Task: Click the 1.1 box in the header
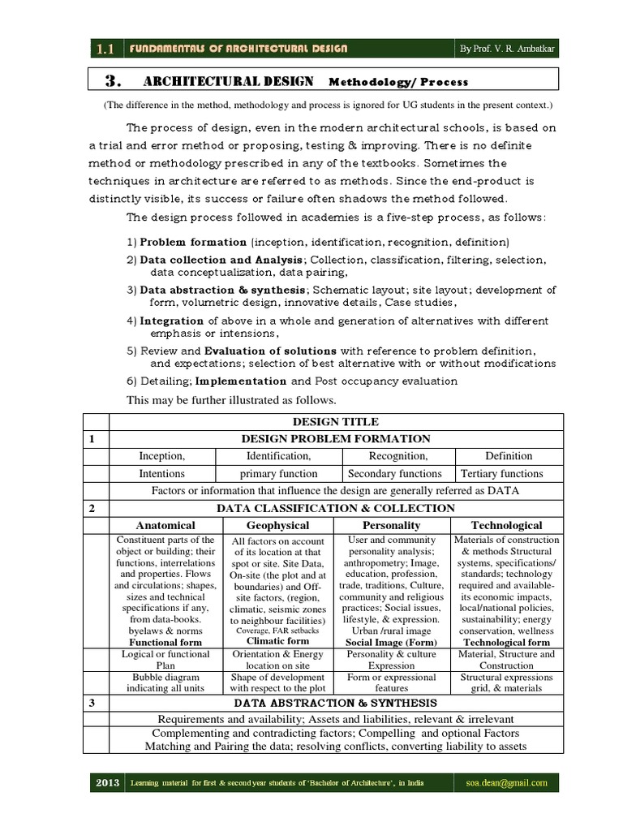click(103, 49)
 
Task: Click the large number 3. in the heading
click(114, 80)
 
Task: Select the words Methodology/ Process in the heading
click(398, 82)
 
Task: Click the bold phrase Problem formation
click(193, 242)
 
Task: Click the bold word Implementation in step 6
click(241, 381)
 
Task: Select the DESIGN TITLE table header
click(337, 421)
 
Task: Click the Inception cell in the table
click(162, 455)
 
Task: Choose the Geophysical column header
click(275, 525)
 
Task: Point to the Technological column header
click(507, 525)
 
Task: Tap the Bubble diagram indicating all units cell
click(162, 682)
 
